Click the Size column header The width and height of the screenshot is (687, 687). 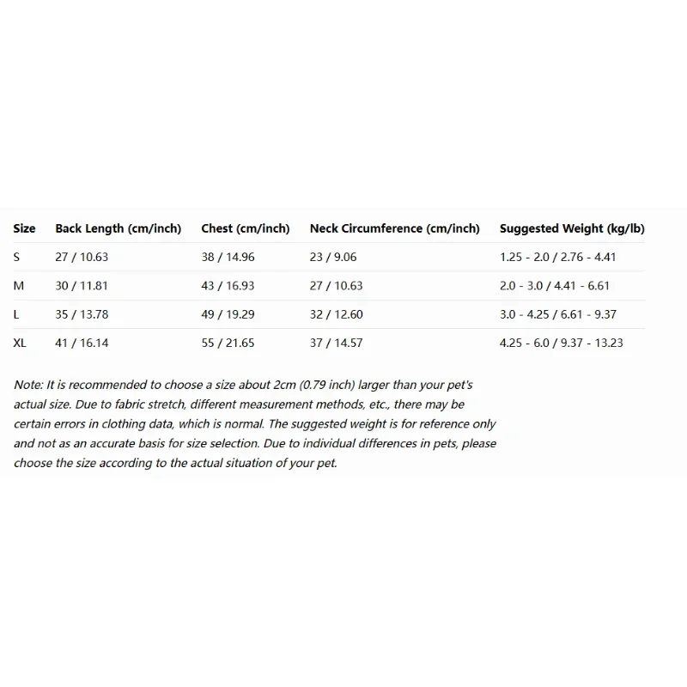pyautogui.click(x=24, y=228)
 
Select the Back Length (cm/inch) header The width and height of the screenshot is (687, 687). pyautogui.click(x=119, y=228)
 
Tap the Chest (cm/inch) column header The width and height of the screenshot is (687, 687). pyautogui.click(x=246, y=228)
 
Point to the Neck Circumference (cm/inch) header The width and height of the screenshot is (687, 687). pyautogui.click(x=394, y=228)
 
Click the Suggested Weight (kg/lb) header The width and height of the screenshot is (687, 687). pyautogui.click(x=572, y=228)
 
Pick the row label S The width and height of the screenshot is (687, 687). pyautogui.click(x=16, y=257)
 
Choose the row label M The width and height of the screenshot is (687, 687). pyautogui.click(x=18, y=285)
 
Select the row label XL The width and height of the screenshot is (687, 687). pyautogui.click(x=20, y=343)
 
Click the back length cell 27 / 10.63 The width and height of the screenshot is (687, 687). pyautogui.click(x=82, y=257)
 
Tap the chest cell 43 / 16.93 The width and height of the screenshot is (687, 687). pyautogui.click(x=228, y=285)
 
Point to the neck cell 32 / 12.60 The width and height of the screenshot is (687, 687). pyautogui.click(x=337, y=314)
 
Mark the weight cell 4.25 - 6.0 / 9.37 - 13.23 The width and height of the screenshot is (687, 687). pyautogui.click(x=562, y=343)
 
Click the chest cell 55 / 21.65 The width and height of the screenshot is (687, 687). pyautogui.click(x=228, y=343)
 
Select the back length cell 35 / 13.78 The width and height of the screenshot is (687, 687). pyautogui.click(x=82, y=314)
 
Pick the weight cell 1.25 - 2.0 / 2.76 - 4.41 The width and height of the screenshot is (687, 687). pyautogui.click(x=558, y=257)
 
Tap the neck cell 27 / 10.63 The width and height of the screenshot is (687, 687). pyautogui.click(x=337, y=285)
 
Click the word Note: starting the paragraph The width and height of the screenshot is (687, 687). pyautogui.click(x=29, y=385)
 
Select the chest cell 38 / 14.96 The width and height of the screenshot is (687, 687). pyautogui.click(x=228, y=257)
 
